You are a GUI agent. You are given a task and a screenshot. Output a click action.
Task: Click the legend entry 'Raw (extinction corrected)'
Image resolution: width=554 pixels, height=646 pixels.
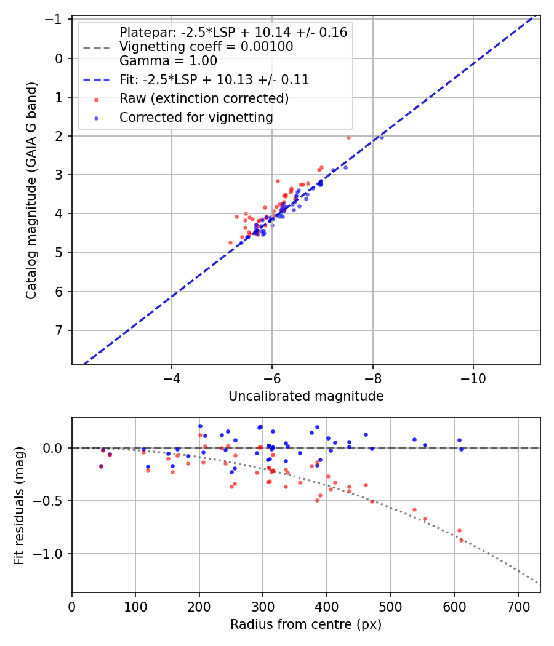(204, 98)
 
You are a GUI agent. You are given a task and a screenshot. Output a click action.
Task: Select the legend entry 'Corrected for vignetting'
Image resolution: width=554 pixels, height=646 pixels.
(196, 117)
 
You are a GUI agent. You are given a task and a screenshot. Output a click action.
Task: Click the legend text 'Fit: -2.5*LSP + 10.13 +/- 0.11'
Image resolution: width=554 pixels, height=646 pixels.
(214, 80)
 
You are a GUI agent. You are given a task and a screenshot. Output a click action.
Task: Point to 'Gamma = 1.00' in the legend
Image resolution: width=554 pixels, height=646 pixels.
(168, 61)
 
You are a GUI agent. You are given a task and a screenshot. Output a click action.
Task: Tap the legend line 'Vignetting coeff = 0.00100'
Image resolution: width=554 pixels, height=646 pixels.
(206, 47)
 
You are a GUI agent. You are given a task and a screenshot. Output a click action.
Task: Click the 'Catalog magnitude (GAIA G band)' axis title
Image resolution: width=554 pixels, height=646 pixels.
(32, 191)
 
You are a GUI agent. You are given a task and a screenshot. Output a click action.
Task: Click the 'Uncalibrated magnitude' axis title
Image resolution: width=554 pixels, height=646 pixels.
(306, 396)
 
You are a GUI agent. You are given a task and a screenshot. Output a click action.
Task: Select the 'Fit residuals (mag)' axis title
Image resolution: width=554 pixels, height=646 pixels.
(19, 505)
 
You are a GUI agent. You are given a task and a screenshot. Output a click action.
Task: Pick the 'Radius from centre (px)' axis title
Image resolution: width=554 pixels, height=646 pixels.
(306, 625)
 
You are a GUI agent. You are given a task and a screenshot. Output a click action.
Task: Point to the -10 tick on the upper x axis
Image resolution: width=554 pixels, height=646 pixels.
(473, 377)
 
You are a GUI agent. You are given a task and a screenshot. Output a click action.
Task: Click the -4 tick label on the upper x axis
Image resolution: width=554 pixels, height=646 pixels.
(172, 377)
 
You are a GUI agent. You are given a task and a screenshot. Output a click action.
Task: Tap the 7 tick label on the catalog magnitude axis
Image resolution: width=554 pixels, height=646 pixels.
(59, 330)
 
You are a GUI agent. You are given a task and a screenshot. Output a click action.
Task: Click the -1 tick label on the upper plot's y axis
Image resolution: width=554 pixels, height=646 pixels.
(55, 20)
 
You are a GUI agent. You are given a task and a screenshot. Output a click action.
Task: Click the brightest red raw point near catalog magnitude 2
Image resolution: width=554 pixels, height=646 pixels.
(348, 137)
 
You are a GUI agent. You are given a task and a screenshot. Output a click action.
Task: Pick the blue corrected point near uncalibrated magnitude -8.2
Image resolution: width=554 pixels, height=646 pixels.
(382, 137)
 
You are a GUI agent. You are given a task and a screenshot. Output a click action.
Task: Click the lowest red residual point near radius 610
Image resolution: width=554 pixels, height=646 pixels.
(461, 540)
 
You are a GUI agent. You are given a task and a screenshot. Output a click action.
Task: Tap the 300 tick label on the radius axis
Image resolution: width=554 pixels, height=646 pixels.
(263, 605)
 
